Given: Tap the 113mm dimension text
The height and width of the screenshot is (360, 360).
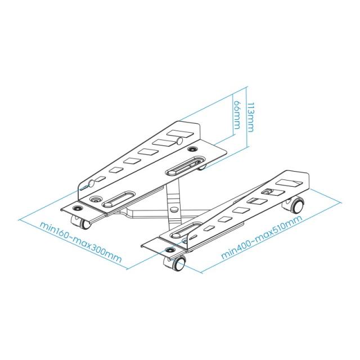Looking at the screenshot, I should (x=251, y=117).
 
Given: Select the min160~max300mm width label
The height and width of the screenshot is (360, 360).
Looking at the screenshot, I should (x=80, y=242).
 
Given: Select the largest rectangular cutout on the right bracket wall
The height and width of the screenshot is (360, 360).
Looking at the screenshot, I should (x=289, y=183).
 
